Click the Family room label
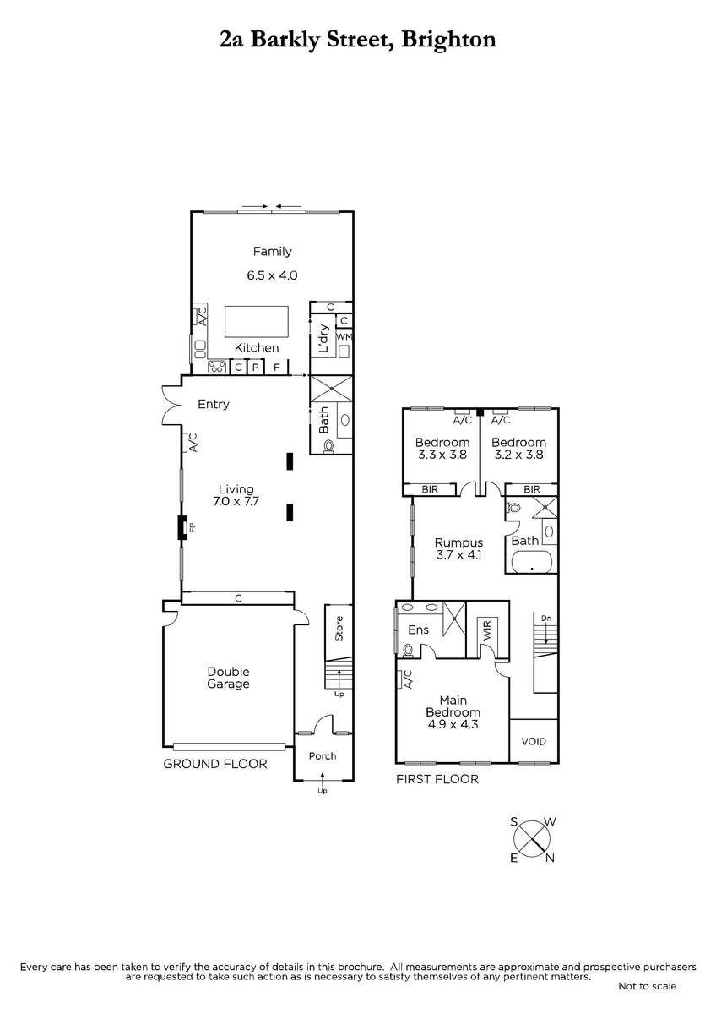click(272, 251)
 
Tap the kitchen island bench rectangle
click(257, 321)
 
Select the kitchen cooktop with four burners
click(217, 366)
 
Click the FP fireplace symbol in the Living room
click(182, 527)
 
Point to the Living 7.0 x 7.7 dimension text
click(236, 501)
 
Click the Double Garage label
click(229, 678)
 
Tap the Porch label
click(323, 756)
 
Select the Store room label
click(339, 628)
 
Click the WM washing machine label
click(344, 337)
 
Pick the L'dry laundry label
click(323, 338)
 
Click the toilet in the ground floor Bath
click(329, 446)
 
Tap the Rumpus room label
click(458, 542)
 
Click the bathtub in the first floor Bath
click(532, 564)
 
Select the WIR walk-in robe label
click(486, 630)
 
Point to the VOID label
click(534, 742)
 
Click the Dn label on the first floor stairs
click(546, 619)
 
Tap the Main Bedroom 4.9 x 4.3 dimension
click(453, 724)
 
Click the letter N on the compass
click(550, 858)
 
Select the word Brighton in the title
click(448, 40)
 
